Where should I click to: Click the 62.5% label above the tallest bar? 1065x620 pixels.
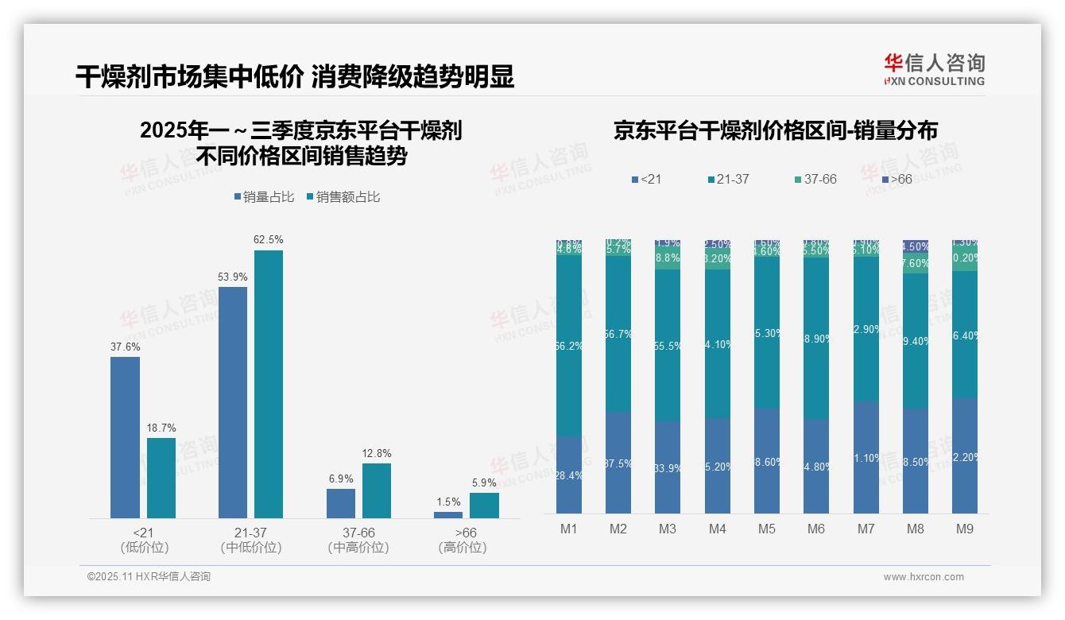[269, 239]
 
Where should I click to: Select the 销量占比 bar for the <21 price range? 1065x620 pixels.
[125, 437]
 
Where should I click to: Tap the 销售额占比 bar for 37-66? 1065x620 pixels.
[377, 490]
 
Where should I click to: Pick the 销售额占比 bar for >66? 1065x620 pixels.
[484, 505]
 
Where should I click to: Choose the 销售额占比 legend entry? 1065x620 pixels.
[343, 196]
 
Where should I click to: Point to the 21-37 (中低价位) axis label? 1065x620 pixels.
[251, 540]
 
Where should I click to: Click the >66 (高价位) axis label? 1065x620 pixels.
[463, 540]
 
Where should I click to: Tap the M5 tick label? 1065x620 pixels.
[766, 529]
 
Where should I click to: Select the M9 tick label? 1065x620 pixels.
[964, 529]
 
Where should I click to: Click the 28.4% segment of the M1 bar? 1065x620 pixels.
[569, 475]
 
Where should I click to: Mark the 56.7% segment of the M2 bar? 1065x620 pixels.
[618, 334]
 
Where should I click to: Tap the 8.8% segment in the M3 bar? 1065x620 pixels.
[668, 258]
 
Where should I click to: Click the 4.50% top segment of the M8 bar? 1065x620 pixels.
[916, 247]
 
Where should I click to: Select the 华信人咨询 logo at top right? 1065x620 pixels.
[934, 69]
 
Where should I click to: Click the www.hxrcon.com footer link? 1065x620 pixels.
[924, 577]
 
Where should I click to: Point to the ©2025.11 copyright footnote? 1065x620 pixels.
[149, 577]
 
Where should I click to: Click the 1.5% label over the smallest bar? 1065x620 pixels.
[448, 502]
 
